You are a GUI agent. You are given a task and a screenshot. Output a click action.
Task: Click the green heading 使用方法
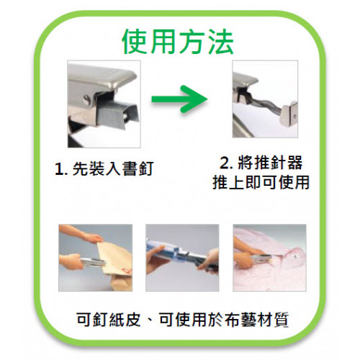point(178,42)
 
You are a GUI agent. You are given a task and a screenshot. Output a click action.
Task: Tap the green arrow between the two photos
point(179,99)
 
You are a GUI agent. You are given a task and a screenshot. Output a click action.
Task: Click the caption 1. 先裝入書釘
point(104,168)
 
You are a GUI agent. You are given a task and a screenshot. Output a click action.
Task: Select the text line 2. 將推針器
point(261,163)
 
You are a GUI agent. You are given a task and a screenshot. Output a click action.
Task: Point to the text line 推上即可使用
point(261,183)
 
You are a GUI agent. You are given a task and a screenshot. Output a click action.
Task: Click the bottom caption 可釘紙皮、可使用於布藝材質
point(182,320)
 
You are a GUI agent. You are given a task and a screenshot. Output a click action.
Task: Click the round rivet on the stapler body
point(87,99)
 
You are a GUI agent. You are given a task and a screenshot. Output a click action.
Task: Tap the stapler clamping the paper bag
point(93,263)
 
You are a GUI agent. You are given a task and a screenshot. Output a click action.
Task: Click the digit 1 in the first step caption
point(58,169)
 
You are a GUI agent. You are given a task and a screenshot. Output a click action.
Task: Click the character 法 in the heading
point(221,42)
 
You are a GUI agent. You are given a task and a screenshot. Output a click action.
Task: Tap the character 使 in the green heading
point(135,42)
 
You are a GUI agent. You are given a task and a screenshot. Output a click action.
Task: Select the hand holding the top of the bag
point(81,233)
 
